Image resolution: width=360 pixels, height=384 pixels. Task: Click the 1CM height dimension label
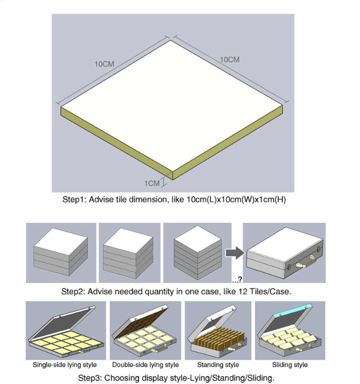(152, 184)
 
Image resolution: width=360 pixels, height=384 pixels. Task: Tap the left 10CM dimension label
(104, 64)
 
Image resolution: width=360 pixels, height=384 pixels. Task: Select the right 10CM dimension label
(230, 60)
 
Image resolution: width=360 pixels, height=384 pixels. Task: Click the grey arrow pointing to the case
(235, 253)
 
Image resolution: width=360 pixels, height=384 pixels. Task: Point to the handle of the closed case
(306, 262)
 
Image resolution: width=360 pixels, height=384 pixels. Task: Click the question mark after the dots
(240, 279)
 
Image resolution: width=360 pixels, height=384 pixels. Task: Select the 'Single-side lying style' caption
(64, 365)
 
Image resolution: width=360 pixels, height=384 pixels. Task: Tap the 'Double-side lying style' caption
(145, 365)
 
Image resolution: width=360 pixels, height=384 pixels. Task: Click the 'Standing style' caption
(218, 365)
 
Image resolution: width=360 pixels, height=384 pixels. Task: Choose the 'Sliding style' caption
(290, 365)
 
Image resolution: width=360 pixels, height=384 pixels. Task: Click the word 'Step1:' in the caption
(75, 199)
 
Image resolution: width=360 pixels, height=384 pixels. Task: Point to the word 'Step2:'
(73, 291)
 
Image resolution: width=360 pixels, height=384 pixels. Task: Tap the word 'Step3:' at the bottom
(90, 378)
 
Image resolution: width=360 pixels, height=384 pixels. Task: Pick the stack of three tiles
(61, 252)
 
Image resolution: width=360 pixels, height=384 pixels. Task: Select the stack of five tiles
(197, 252)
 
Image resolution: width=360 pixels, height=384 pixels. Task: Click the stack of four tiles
(128, 253)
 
